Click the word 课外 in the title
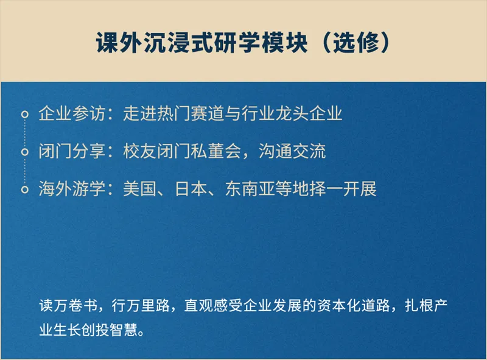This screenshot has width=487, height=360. (119, 42)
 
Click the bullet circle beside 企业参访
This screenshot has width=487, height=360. (25, 115)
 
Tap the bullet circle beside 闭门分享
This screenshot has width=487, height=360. (25, 152)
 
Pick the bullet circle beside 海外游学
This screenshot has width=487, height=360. (25, 189)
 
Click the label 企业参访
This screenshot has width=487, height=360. (72, 113)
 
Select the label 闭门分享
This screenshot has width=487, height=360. (72, 151)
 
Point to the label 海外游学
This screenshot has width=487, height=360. (72, 189)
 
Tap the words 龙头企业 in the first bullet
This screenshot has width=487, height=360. (309, 113)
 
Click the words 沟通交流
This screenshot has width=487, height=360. (292, 151)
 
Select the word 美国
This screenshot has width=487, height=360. (140, 189)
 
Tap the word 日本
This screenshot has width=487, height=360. (191, 189)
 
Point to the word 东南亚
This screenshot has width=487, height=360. (250, 189)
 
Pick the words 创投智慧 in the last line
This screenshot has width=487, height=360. (110, 330)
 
